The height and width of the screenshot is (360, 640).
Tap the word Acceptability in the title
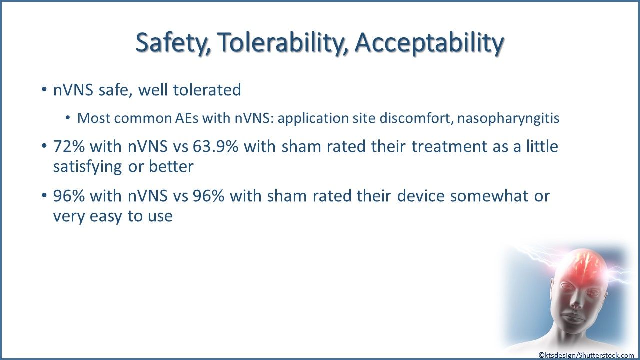pyautogui.click(x=429, y=43)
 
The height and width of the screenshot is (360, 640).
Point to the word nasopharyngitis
pyautogui.click(x=508, y=118)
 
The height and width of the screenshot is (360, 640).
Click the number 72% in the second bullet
pyautogui.click(x=69, y=146)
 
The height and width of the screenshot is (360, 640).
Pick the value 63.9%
pyautogui.click(x=215, y=146)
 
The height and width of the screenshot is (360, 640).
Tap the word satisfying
pyautogui.click(x=87, y=167)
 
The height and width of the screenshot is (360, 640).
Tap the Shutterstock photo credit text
pyautogui.click(x=586, y=355)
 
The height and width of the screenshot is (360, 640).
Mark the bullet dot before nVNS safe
pyautogui.click(x=44, y=89)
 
